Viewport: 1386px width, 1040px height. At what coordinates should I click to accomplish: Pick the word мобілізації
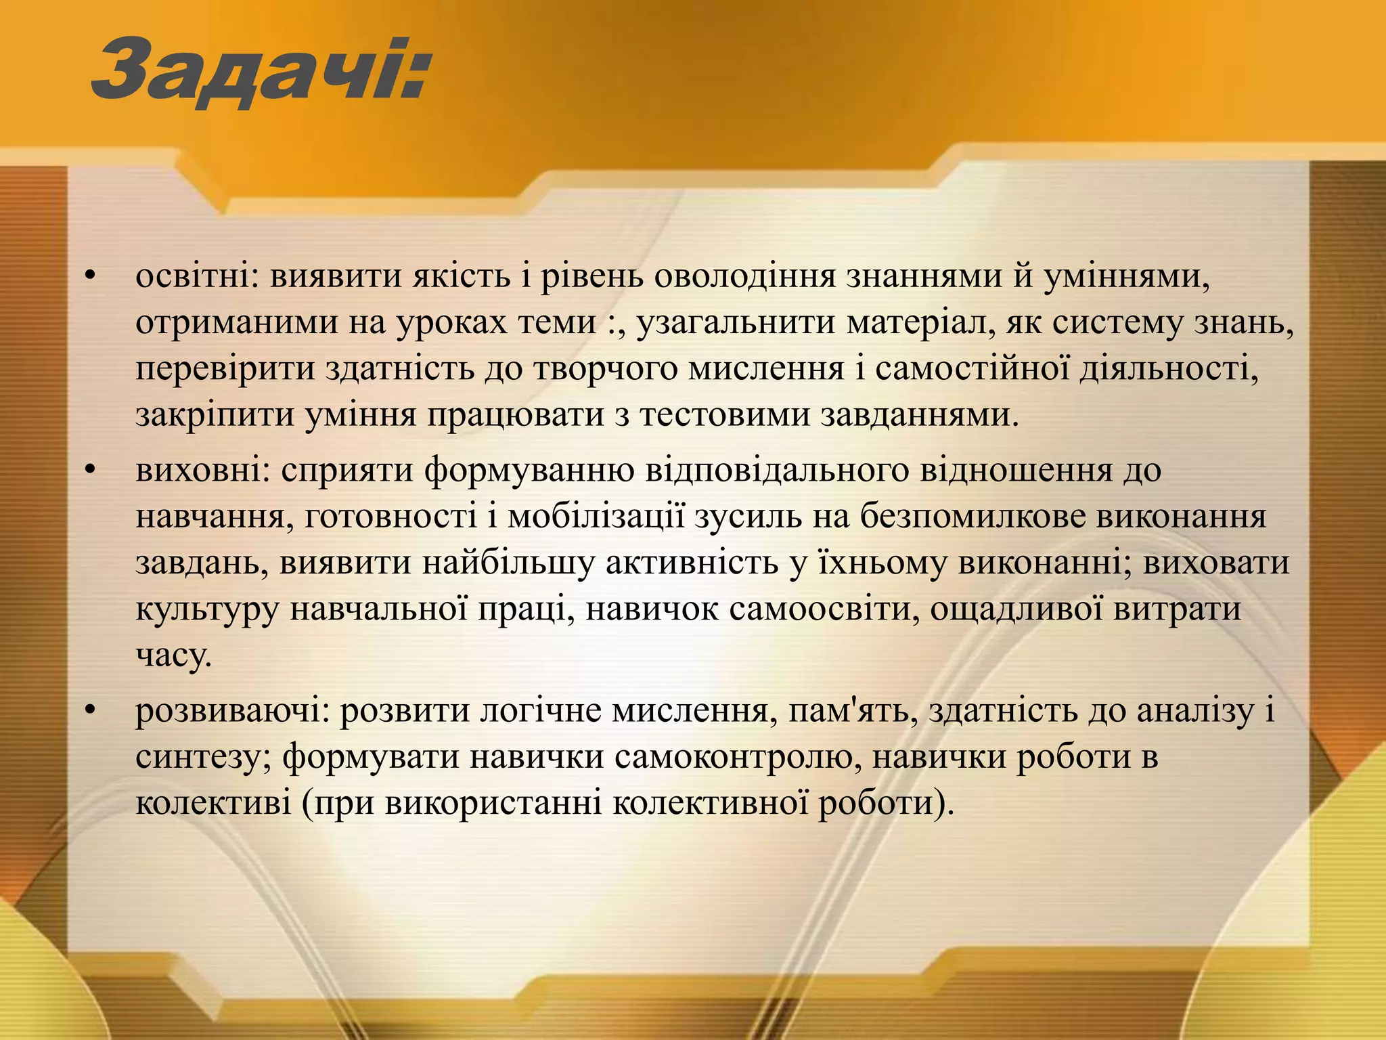[596, 517]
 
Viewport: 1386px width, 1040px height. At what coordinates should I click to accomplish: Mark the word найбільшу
[508, 563]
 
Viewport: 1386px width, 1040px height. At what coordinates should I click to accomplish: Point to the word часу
[173, 655]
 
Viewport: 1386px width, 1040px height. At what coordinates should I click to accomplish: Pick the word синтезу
[203, 757]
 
